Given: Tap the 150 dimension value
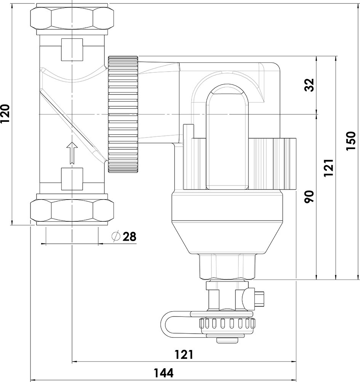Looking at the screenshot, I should tap(350, 141).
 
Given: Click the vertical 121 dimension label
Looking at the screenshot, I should tap(329, 168).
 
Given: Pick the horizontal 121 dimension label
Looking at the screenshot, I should tap(184, 355).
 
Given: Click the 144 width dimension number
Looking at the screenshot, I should tap(164, 372).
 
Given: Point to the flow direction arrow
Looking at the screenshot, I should tap(71, 153).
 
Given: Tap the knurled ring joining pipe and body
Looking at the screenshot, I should tap(123, 114).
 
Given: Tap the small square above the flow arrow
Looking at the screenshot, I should tap(72, 179).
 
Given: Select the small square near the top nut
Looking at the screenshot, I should tap(72, 50).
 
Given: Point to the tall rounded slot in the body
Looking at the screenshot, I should tap(227, 137).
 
